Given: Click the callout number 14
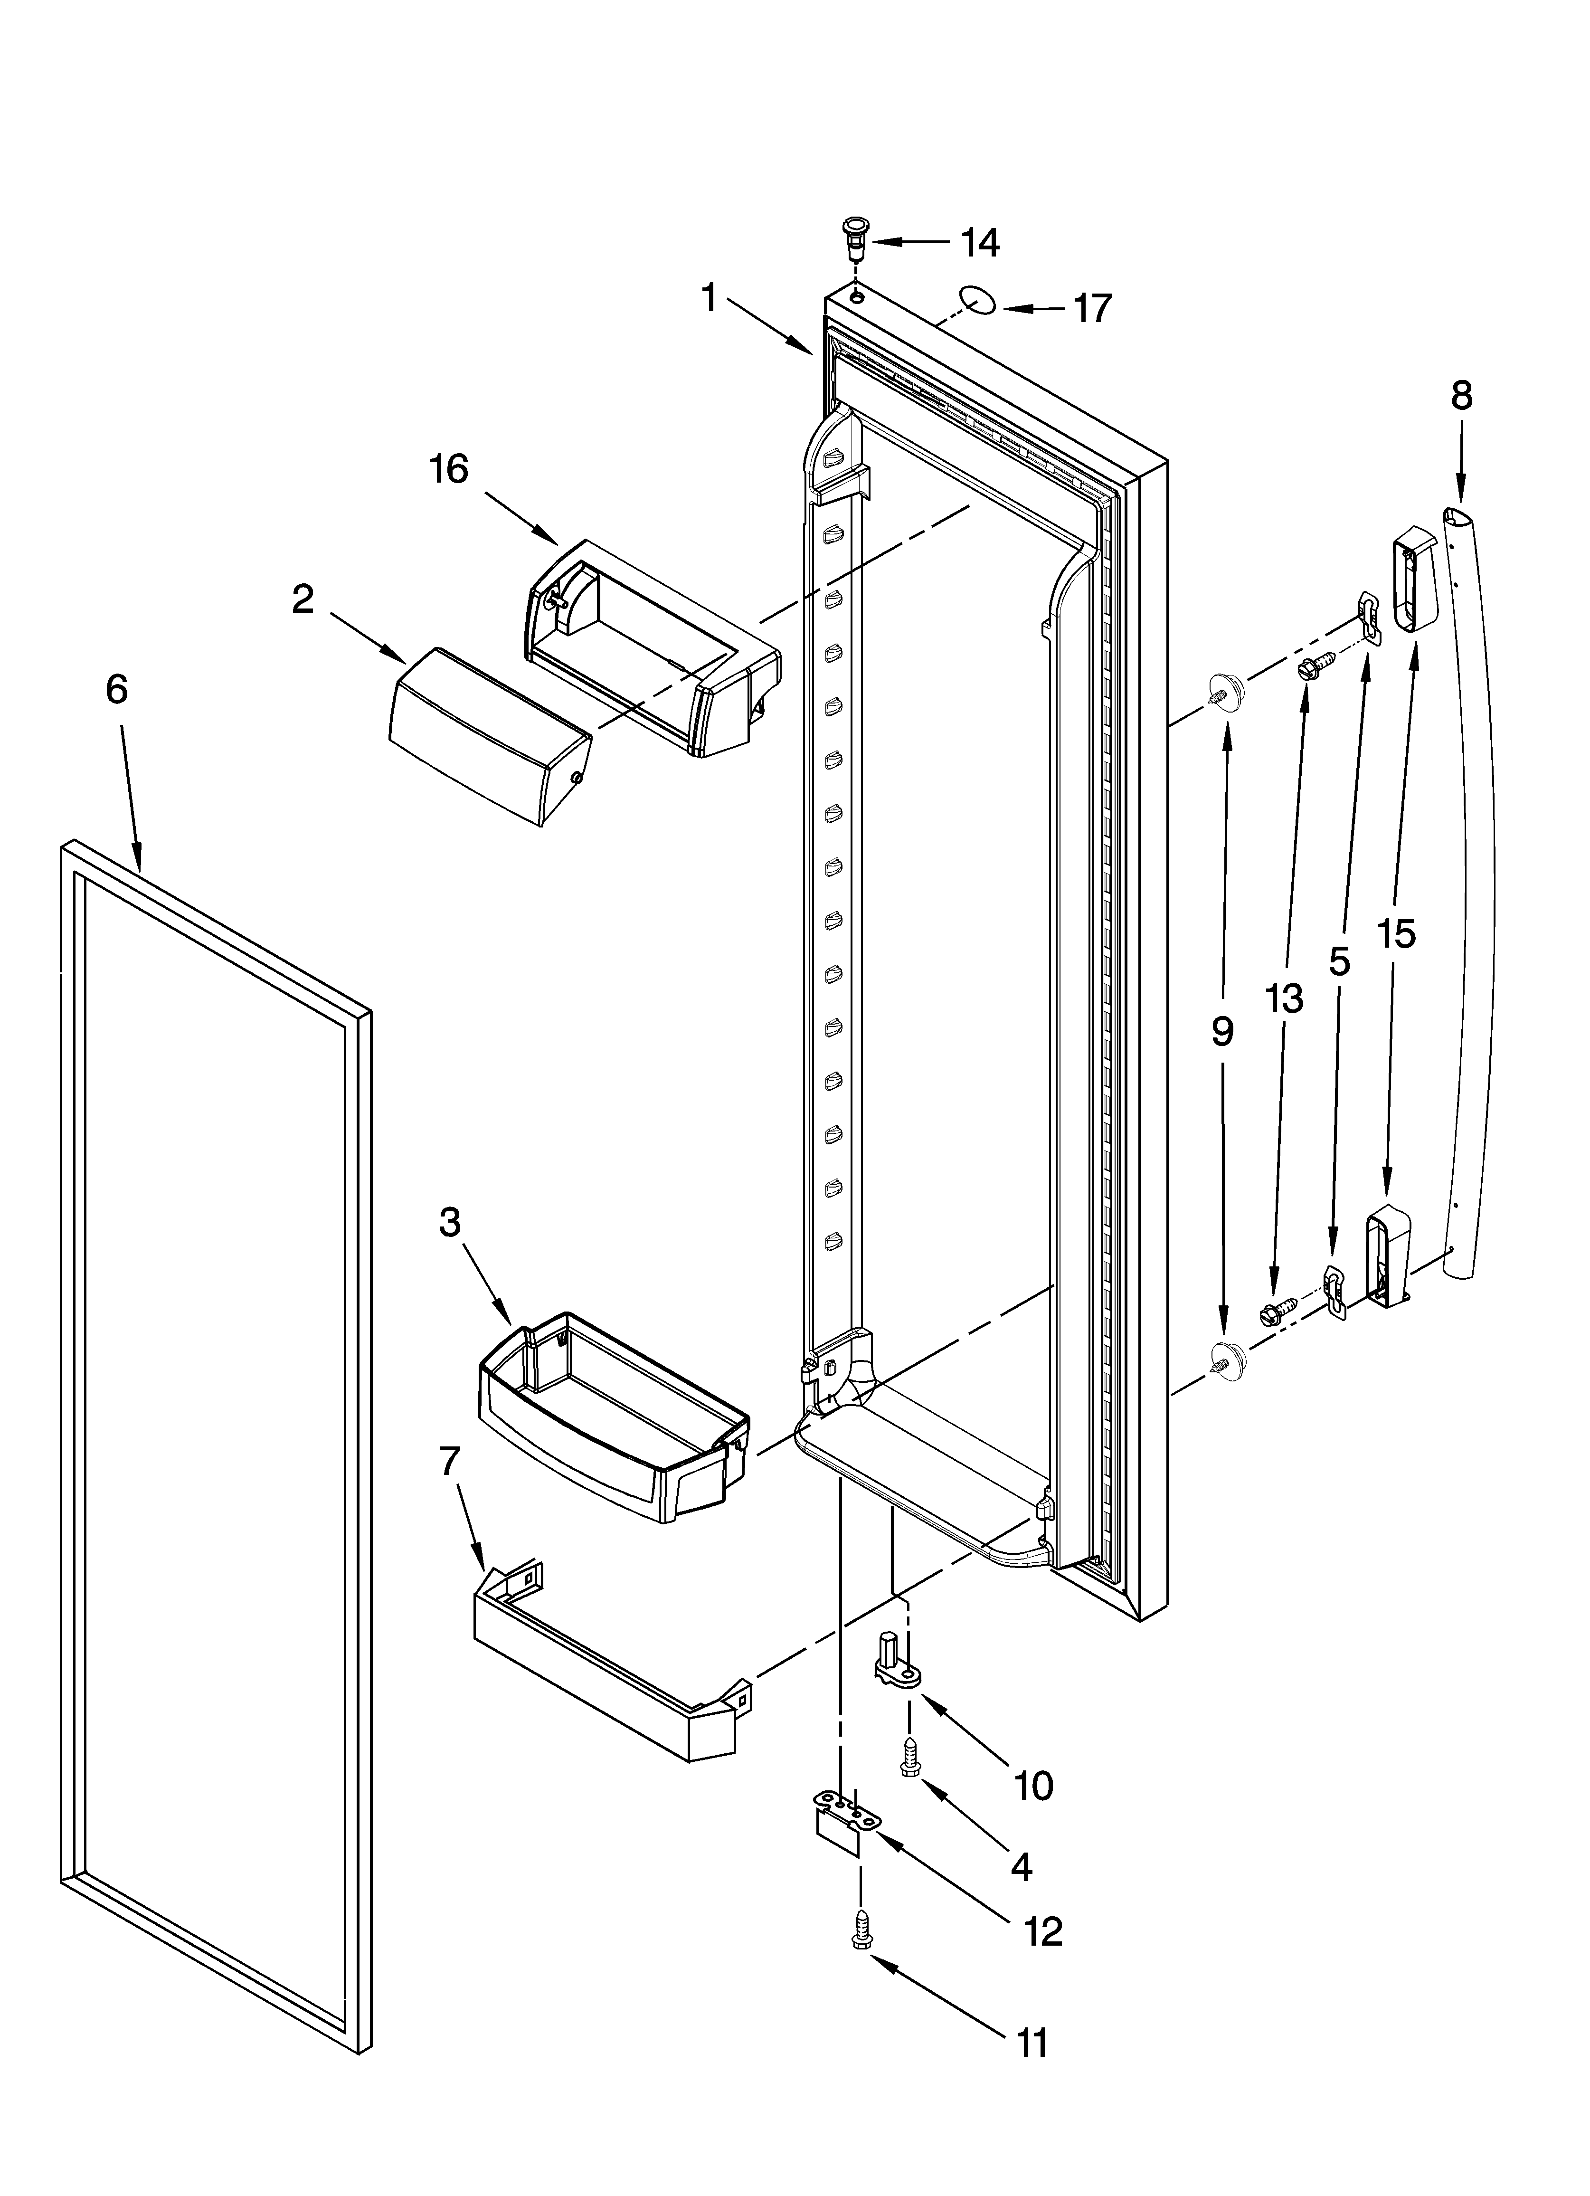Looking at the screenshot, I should tap(980, 243).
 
